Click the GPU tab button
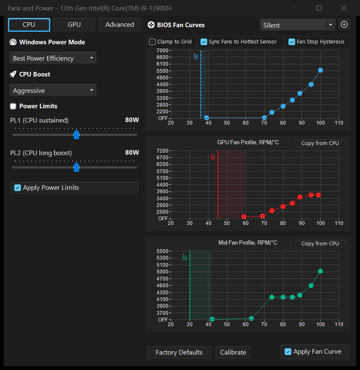[x=74, y=25]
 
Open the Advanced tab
[x=120, y=25]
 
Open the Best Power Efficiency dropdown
[x=53, y=58]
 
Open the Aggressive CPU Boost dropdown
[x=53, y=90]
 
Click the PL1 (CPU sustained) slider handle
[x=76, y=135]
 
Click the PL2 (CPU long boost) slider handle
[x=76, y=167]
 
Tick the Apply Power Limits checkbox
[x=18, y=188]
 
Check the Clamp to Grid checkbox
[x=152, y=42]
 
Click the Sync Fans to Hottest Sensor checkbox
[x=203, y=42]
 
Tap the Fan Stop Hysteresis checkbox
[x=292, y=42]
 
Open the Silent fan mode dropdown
[x=297, y=25]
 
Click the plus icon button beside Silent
[x=344, y=25]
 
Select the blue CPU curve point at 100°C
[x=320, y=70]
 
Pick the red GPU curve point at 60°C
[x=244, y=217]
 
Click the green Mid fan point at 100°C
[x=320, y=271]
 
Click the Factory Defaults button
[x=179, y=352]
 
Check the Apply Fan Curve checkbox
[x=288, y=352]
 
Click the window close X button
[x=344, y=8]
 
